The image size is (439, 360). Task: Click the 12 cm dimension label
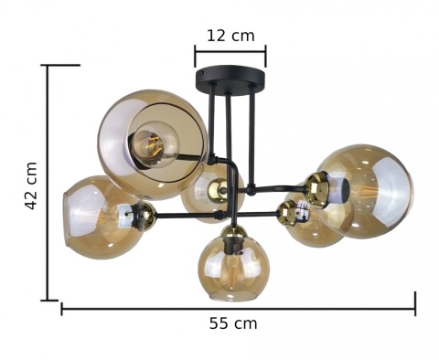[230, 36]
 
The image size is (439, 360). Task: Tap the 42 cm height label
[31, 185]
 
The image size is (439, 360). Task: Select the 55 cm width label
[233, 323]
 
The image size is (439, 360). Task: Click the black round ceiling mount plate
[230, 78]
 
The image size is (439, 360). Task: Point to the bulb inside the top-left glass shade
[155, 144]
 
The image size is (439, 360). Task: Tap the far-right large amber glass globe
[367, 191]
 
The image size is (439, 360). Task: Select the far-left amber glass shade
[101, 217]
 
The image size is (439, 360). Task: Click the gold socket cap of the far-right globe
[316, 189]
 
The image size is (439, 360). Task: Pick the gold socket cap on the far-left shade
[148, 213]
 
